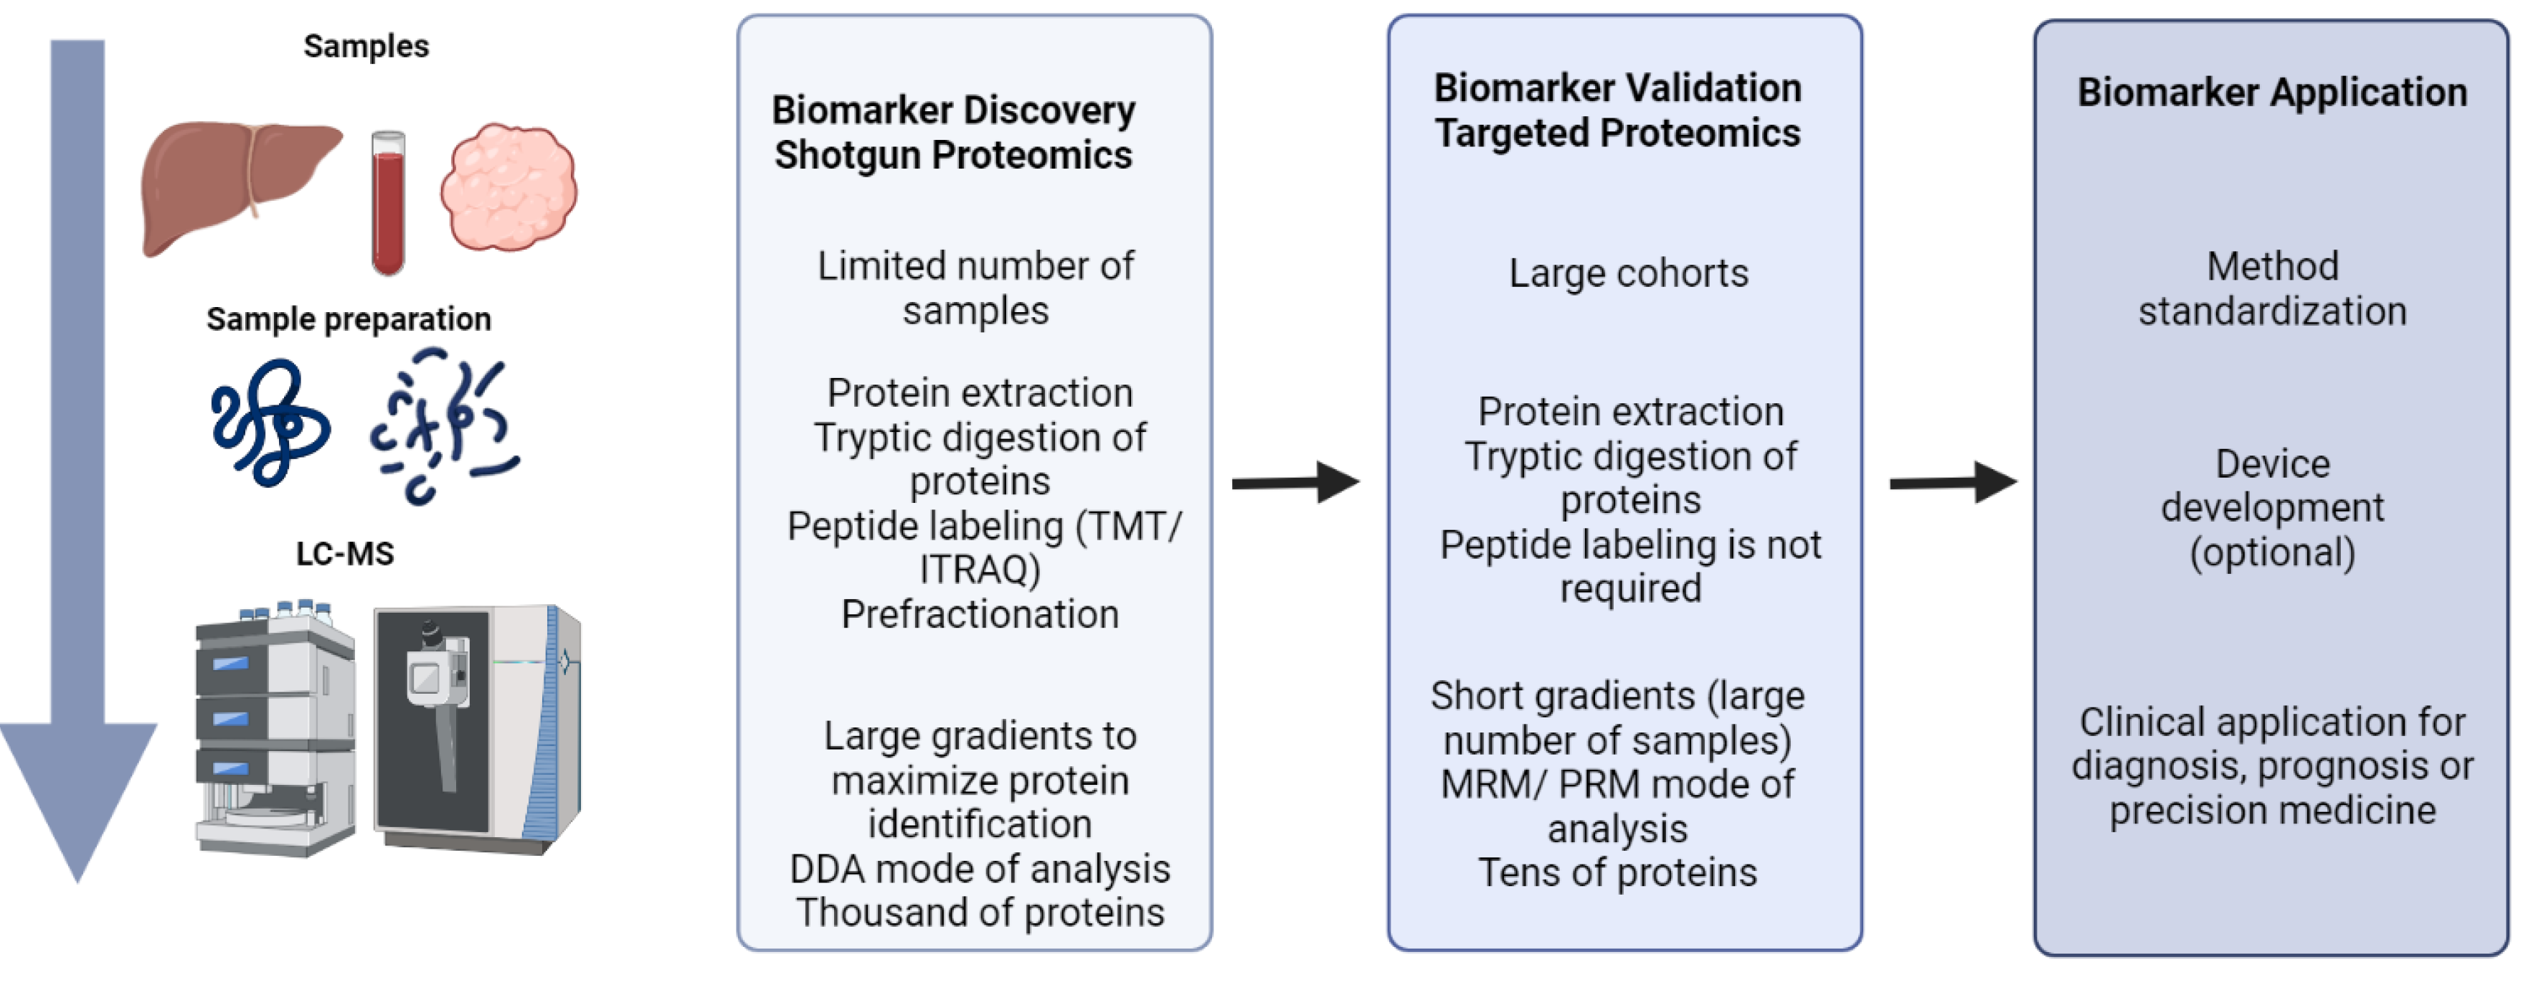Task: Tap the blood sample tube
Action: click(388, 203)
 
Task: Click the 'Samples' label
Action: click(366, 47)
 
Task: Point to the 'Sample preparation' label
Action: click(349, 319)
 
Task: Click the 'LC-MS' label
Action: click(344, 554)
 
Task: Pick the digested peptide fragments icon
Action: click(443, 426)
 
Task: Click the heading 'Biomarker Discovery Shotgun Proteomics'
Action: click(953, 132)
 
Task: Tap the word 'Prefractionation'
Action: click(980, 615)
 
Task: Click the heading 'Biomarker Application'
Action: click(2272, 92)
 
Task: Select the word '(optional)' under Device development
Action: click(2272, 552)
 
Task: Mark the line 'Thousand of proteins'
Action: click(980, 913)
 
